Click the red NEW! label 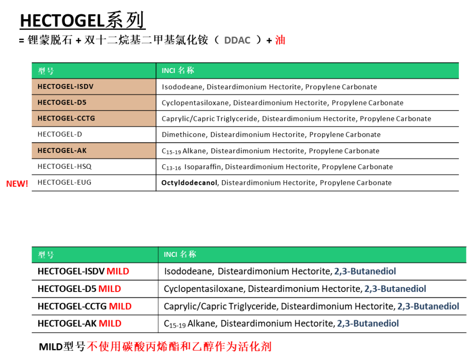[17, 183]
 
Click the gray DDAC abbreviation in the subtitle [237, 40]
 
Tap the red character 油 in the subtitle [280, 40]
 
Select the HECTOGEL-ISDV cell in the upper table [94, 87]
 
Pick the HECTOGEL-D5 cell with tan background [94, 103]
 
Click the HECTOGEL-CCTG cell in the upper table [94, 119]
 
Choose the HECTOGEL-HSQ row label [64, 167]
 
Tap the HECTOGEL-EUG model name [64, 183]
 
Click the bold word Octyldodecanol [189, 183]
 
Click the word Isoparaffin [203, 167]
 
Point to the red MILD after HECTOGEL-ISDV [118, 271]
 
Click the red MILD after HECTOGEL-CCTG [120, 306]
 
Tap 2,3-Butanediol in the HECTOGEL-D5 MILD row [395, 289]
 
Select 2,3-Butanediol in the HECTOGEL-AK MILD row [368, 323]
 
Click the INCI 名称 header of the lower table [180, 254]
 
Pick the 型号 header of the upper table [46, 71]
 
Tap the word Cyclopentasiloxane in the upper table [195, 103]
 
